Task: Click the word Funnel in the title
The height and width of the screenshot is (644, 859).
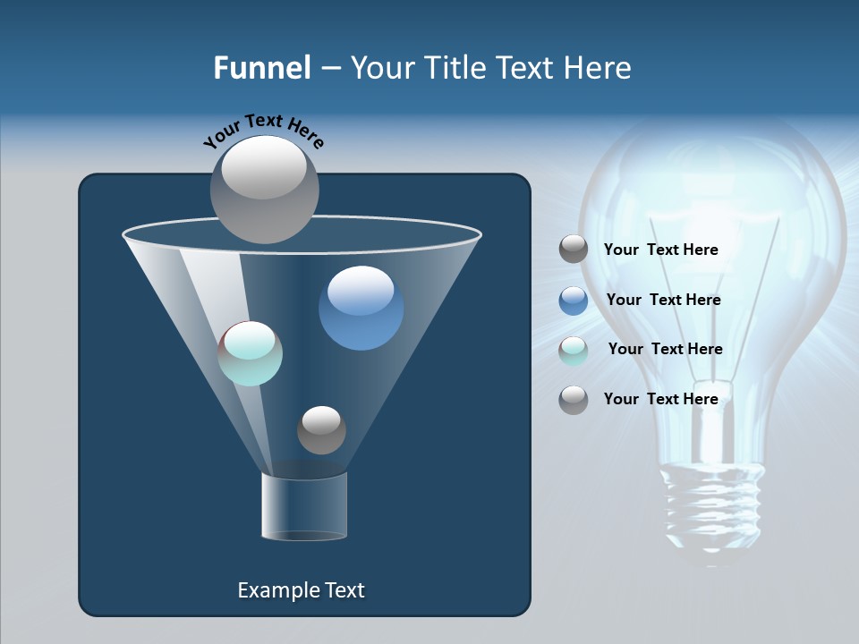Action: [261, 68]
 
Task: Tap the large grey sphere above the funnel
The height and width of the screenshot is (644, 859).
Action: [264, 189]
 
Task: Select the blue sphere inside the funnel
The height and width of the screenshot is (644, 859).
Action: [361, 308]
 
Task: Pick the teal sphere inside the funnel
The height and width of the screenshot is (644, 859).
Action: [251, 353]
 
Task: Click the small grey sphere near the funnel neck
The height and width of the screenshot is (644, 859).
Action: [321, 430]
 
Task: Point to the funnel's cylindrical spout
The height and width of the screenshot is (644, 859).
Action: [304, 507]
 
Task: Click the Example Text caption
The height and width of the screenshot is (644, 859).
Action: [301, 590]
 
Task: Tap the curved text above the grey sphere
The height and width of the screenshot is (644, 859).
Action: [263, 130]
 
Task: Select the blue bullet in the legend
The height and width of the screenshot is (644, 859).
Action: [574, 301]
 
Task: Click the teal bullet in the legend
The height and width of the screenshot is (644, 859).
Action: [574, 351]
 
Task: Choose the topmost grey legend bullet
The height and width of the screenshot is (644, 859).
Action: [574, 250]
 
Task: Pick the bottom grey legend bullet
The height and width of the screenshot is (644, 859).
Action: [574, 400]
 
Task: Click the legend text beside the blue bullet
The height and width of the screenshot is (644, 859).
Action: [663, 300]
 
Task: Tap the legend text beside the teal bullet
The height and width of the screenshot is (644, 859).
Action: [665, 349]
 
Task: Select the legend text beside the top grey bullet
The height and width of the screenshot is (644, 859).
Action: [660, 250]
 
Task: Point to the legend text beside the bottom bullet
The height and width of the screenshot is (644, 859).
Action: [660, 399]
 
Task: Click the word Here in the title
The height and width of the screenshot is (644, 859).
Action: [599, 68]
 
